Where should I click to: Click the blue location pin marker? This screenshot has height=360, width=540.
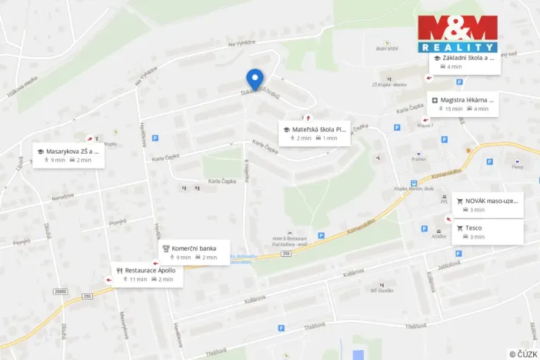click(255, 78)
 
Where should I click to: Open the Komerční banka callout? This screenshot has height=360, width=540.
click(194, 252)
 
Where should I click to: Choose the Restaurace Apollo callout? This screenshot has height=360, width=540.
click(147, 275)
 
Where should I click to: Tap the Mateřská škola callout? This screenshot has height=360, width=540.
click(315, 133)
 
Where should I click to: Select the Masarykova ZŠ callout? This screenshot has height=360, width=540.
click(66, 155)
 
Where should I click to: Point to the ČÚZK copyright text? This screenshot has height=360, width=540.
click(523, 354)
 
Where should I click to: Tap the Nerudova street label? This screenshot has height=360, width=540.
click(63, 197)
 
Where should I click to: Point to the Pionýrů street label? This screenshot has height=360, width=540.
click(117, 222)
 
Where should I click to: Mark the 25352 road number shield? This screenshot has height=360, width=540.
click(62, 292)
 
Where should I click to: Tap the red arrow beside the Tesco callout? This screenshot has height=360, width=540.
click(448, 219)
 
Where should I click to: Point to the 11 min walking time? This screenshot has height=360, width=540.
click(138, 279)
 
